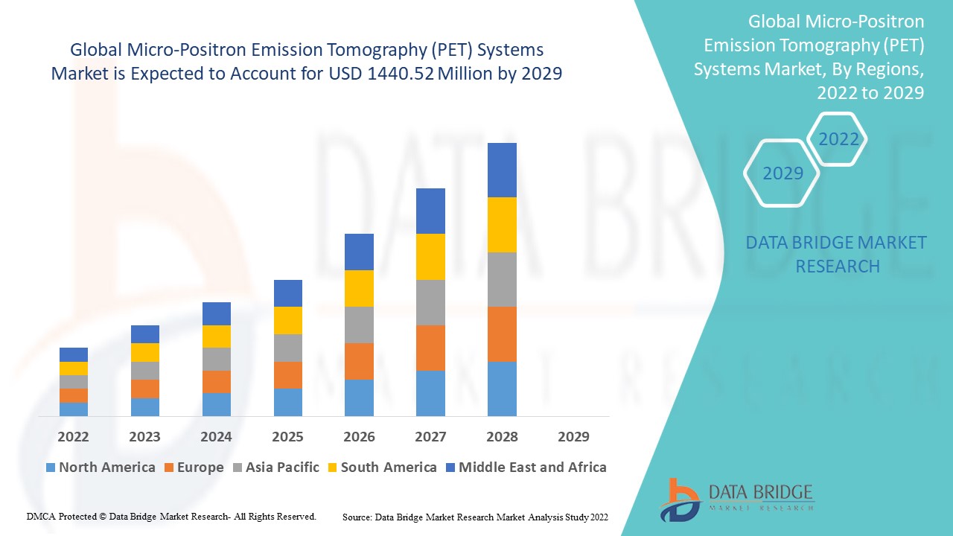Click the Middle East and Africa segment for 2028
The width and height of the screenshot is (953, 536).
tap(502, 170)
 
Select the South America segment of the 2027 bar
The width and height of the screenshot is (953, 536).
tap(430, 257)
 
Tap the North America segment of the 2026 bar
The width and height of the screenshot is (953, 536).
tap(359, 398)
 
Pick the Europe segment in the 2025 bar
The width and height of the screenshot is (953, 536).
tap(287, 375)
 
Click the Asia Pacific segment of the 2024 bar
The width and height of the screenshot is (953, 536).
tap(216, 359)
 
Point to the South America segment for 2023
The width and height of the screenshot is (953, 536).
tap(144, 352)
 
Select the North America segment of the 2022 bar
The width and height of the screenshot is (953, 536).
tap(74, 409)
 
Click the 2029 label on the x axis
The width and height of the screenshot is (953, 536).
tap(573, 436)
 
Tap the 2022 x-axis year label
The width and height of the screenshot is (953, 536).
tap(74, 436)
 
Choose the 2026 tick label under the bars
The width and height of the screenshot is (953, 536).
tap(359, 436)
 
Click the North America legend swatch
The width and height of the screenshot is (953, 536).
tap(51, 468)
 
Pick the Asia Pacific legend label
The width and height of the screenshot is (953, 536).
tap(282, 468)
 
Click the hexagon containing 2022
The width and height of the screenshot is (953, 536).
tap(838, 139)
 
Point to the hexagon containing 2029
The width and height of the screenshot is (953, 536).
tap(783, 173)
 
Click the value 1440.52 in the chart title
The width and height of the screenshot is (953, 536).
tap(401, 74)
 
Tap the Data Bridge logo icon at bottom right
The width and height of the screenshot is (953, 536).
tap(679, 499)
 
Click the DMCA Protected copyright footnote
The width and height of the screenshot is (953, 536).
tap(171, 516)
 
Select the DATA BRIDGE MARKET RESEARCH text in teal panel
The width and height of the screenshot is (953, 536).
tap(836, 254)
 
